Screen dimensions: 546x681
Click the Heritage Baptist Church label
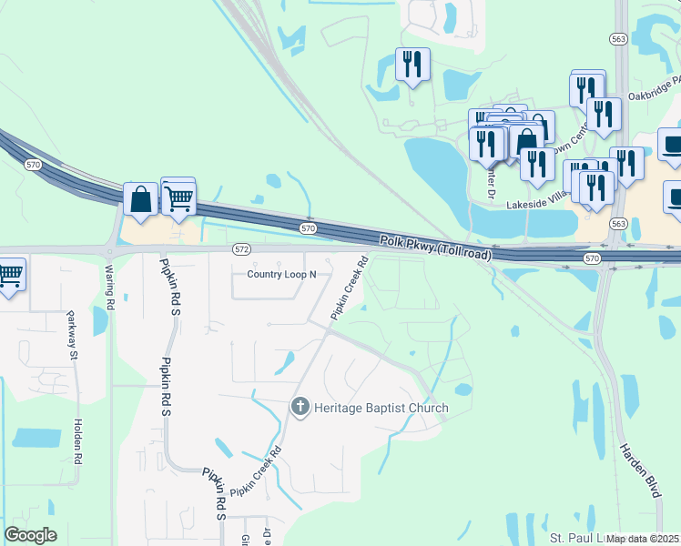(x=381, y=408)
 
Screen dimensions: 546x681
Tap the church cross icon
(x=301, y=407)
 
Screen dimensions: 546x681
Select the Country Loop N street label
(x=281, y=274)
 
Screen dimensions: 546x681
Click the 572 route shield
(x=241, y=248)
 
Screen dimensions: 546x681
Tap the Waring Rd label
(x=110, y=288)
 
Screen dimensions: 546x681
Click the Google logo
(x=30, y=535)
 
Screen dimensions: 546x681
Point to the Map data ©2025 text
(x=642, y=539)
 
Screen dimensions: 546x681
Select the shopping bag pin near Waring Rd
(x=141, y=200)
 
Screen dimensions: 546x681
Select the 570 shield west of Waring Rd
(x=34, y=165)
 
